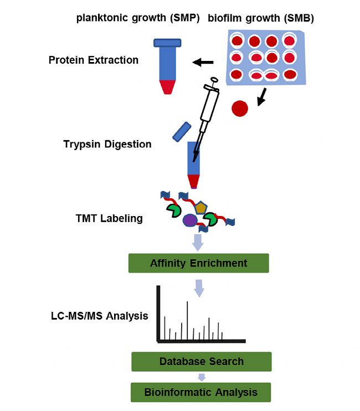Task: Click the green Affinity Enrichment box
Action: [199, 263]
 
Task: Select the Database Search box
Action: [202, 362]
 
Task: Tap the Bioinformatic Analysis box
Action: [200, 392]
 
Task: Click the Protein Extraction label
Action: [94, 60]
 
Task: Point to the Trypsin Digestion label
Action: [107, 144]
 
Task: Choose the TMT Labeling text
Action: [109, 218]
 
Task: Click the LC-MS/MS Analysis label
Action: [100, 316]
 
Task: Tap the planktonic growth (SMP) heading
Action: [138, 18]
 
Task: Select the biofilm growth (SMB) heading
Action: [261, 18]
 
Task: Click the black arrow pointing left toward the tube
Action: [203, 63]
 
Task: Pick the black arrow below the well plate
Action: [262, 97]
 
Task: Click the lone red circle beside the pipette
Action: [240, 109]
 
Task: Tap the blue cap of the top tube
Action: [167, 43]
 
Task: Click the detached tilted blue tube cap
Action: [182, 132]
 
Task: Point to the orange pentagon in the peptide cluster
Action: [201, 208]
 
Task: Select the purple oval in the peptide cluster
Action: [190, 220]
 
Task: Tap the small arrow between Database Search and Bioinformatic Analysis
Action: [202, 377]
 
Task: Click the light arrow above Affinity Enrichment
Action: [198, 243]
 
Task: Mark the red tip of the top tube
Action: [167, 87]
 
